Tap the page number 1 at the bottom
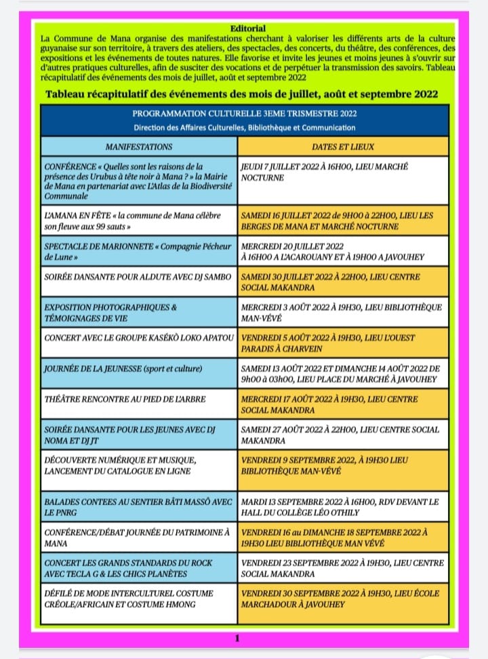(x=237, y=637)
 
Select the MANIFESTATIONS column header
(x=139, y=147)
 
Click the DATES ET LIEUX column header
(x=343, y=147)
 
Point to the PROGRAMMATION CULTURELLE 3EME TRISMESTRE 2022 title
(x=244, y=113)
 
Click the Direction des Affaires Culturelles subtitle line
(x=244, y=128)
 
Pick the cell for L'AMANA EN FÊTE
(x=139, y=221)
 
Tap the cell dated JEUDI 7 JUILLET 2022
(x=343, y=180)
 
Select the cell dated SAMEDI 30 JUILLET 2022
(x=343, y=283)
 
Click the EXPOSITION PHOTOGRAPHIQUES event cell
(x=139, y=313)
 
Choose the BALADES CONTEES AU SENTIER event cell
(x=139, y=507)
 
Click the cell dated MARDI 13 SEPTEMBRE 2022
(x=343, y=507)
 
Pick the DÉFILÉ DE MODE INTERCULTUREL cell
(x=139, y=599)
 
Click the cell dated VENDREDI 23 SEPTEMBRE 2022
(x=343, y=568)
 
